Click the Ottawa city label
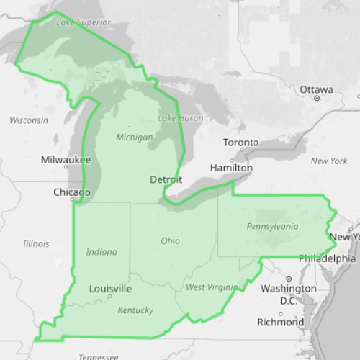316,90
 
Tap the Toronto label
240,143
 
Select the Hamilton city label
230,168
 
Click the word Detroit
166,179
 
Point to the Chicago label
72,192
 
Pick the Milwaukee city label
66,159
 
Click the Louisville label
110,289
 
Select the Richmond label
280,322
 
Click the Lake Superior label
83,22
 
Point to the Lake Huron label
180,118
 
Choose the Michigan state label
134,137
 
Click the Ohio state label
171,240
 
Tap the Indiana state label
102,252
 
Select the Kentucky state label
135,310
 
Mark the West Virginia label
210,287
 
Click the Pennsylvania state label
272,226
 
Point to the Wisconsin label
29,120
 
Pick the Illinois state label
36,243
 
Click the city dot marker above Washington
289,279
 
